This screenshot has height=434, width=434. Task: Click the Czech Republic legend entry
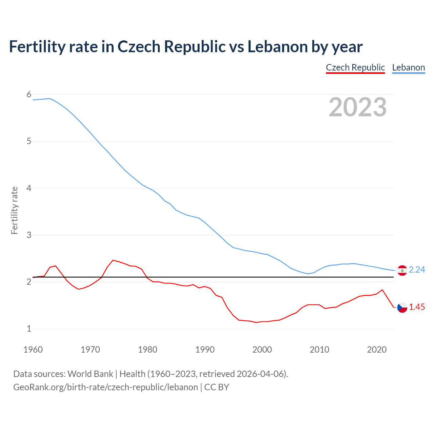(355, 67)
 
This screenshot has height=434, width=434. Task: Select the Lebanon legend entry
(408, 67)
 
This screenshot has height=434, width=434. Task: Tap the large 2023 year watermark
(357, 107)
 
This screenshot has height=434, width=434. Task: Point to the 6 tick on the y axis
(29, 95)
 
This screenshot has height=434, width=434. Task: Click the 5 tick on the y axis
(29, 141)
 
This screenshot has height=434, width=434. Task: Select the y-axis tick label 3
(29, 235)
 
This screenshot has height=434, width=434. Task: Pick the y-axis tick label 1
(29, 329)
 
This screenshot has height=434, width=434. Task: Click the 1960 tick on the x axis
(33, 350)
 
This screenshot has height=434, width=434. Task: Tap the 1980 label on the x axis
(147, 350)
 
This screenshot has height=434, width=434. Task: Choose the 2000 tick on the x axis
(262, 350)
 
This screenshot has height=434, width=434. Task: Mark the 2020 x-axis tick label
(377, 350)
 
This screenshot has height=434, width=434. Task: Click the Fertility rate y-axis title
(14, 210)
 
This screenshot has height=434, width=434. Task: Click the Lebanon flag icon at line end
(402, 270)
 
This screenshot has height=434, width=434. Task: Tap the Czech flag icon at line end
(402, 308)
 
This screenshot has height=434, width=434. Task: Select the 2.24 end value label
(417, 270)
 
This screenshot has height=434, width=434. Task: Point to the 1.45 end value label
(417, 307)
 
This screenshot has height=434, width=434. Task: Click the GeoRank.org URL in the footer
(105, 387)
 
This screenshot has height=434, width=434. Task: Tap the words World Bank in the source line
(90, 374)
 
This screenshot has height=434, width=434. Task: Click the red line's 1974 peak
(113, 260)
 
